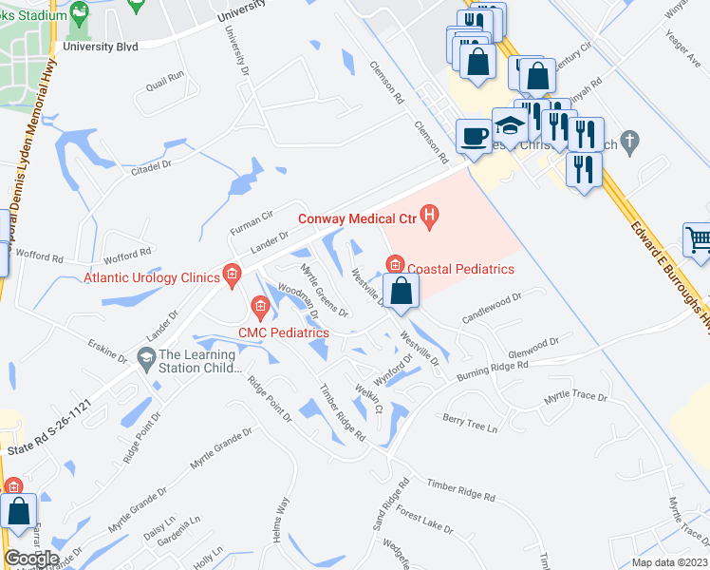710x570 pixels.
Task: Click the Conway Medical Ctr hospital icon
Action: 430,218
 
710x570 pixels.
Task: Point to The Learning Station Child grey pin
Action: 146,358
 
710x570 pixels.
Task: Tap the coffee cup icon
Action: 473,136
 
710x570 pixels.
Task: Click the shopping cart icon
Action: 699,239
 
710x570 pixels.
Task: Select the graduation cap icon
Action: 509,127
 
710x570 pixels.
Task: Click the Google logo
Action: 31,558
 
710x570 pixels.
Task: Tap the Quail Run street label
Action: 164,79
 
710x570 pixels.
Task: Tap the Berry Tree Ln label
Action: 469,422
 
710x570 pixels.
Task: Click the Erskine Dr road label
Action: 107,349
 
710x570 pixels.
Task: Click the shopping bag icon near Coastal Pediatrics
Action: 401,291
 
